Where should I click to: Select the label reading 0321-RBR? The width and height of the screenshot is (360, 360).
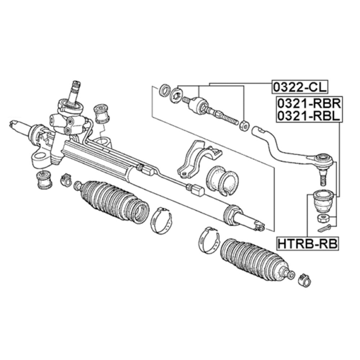point(308,104)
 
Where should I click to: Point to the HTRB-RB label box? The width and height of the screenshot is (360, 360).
point(307,244)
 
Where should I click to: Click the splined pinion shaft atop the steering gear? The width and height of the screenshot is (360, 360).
point(76,90)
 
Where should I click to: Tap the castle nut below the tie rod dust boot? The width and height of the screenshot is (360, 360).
point(322,218)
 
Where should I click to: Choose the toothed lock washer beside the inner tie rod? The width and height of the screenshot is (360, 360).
point(176,94)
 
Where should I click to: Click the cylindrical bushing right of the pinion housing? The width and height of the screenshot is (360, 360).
point(101,113)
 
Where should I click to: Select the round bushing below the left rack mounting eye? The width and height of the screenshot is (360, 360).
point(43,179)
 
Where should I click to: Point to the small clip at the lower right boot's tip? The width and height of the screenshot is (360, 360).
point(304,280)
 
